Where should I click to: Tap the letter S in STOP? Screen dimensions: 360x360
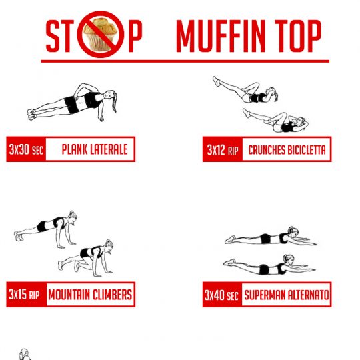point(53,36)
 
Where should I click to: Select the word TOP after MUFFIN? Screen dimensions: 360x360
point(298,36)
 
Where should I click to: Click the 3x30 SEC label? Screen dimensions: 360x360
point(26,149)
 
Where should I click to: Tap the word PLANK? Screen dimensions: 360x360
point(75,149)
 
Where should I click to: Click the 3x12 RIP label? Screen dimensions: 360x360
point(223,150)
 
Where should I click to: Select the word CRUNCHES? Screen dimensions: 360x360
point(266,150)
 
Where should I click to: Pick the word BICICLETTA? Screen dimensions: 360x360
point(306,150)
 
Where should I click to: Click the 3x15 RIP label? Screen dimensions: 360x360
point(24,295)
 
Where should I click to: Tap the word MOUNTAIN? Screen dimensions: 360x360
point(69,295)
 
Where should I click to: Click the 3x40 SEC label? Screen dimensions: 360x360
point(221,295)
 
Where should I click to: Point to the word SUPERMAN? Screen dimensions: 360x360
point(265,295)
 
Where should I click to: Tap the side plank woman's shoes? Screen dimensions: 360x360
point(31,115)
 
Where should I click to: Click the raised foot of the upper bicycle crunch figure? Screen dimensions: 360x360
point(216,81)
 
